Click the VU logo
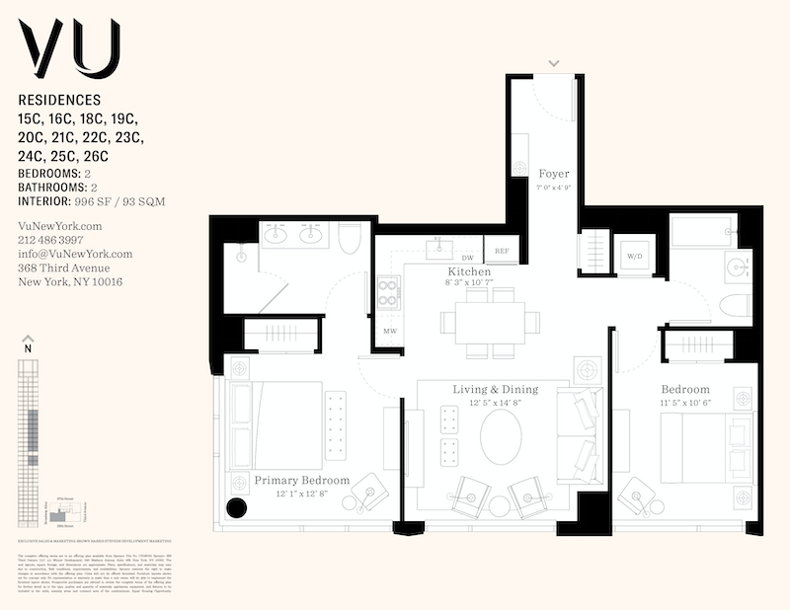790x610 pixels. (69, 49)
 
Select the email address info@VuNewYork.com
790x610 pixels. (75, 254)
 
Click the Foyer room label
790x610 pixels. (554, 174)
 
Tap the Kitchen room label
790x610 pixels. (469, 271)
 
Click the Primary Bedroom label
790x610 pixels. (302, 481)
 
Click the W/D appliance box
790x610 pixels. (633, 257)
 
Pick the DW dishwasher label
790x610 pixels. (468, 258)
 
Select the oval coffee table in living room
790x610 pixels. (502, 435)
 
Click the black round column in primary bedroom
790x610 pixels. (236, 508)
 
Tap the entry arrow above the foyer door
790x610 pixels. (554, 63)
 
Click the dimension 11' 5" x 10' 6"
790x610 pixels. (684, 403)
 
